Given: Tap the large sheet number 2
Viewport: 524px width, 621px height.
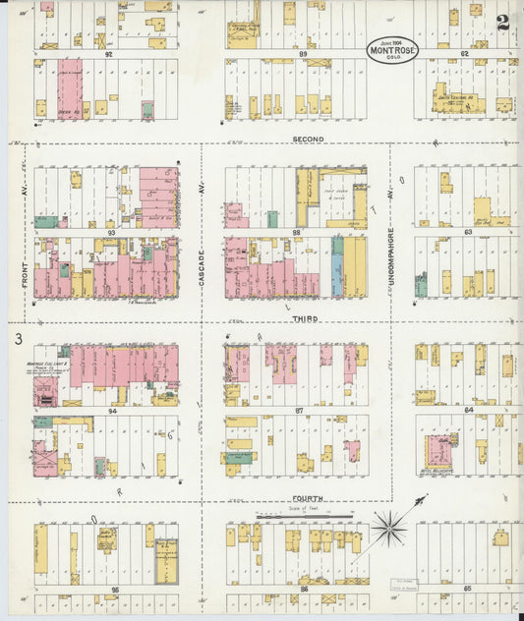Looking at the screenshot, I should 502,24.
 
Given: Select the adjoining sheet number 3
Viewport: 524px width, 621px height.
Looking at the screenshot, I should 18,340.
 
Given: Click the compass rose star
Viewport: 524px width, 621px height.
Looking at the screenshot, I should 389,529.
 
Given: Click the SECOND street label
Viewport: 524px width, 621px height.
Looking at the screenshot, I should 308,140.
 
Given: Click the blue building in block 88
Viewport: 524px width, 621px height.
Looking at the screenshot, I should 336,267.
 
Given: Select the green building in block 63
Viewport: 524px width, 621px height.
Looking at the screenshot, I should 421,286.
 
